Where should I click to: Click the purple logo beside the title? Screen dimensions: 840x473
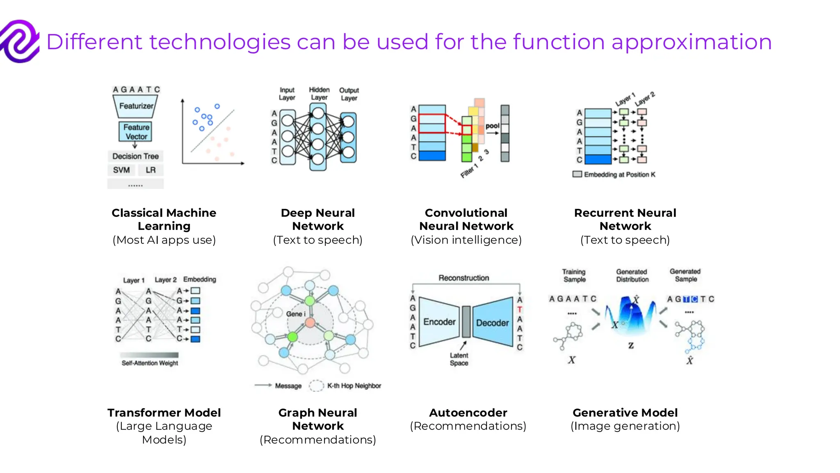tap(20, 41)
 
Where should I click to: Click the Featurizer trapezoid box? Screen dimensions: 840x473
tap(136, 106)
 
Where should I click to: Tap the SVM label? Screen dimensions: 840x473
tap(121, 170)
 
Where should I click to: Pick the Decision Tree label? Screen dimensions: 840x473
tap(135, 156)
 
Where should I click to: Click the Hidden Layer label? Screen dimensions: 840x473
tap(319, 94)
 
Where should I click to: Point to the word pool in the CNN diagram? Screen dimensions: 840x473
tap(492, 126)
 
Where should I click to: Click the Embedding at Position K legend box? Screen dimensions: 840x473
tap(577, 175)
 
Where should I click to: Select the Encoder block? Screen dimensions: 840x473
tap(439, 322)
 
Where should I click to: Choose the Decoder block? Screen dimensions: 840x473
tap(493, 323)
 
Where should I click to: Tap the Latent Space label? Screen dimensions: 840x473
tap(459, 359)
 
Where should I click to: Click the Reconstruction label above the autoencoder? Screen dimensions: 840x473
tap(464, 278)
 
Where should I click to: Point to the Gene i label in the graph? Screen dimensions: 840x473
tap(296, 314)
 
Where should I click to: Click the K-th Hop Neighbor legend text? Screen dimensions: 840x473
tap(354, 386)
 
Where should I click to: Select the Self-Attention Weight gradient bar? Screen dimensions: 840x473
tap(149, 355)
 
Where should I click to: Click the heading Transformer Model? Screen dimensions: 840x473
tap(164, 413)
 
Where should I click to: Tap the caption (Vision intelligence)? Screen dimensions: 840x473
tap(466, 240)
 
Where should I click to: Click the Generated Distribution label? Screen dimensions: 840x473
tap(632, 276)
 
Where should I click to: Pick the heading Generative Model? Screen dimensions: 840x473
tap(625, 413)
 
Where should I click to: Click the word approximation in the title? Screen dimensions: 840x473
tap(692, 42)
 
